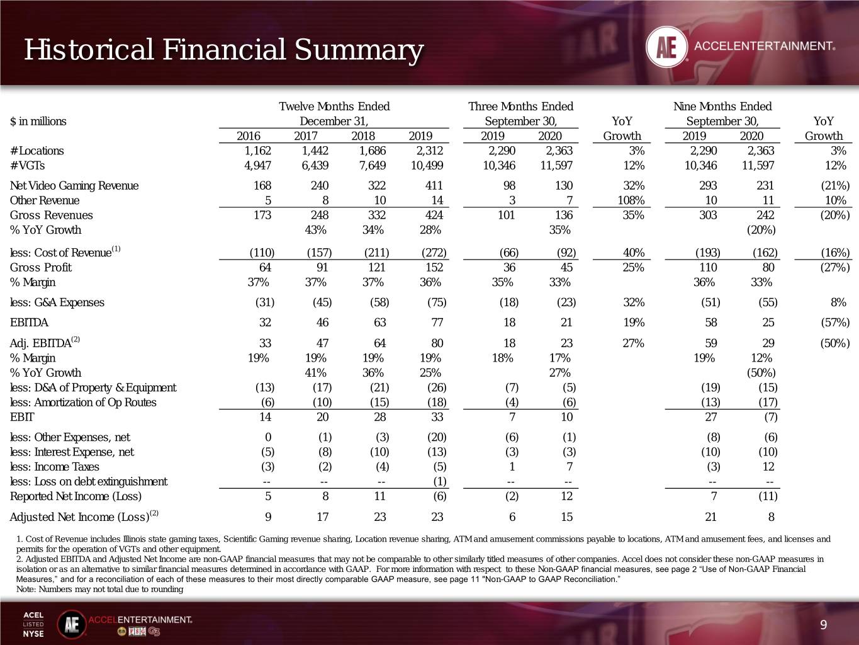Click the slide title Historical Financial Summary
[224, 50]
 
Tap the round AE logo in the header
[666, 47]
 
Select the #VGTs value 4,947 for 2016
[257, 166]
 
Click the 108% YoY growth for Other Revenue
[631, 200]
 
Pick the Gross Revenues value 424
[434, 215]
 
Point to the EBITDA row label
[29, 322]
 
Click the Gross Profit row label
[41, 268]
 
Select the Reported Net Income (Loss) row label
[76, 496]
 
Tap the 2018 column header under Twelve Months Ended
[362, 136]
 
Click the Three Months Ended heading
[520, 106]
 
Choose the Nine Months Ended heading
[722, 106]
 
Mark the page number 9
[823, 625]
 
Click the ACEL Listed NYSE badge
[33, 624]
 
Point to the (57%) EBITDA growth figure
[834, 322]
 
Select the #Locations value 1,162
[257, 151]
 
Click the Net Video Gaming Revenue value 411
[434, 186]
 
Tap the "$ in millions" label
[38, 122]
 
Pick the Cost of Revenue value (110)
[262, 253]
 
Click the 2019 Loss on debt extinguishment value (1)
[439, 481]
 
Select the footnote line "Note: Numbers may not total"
[100, 590]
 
